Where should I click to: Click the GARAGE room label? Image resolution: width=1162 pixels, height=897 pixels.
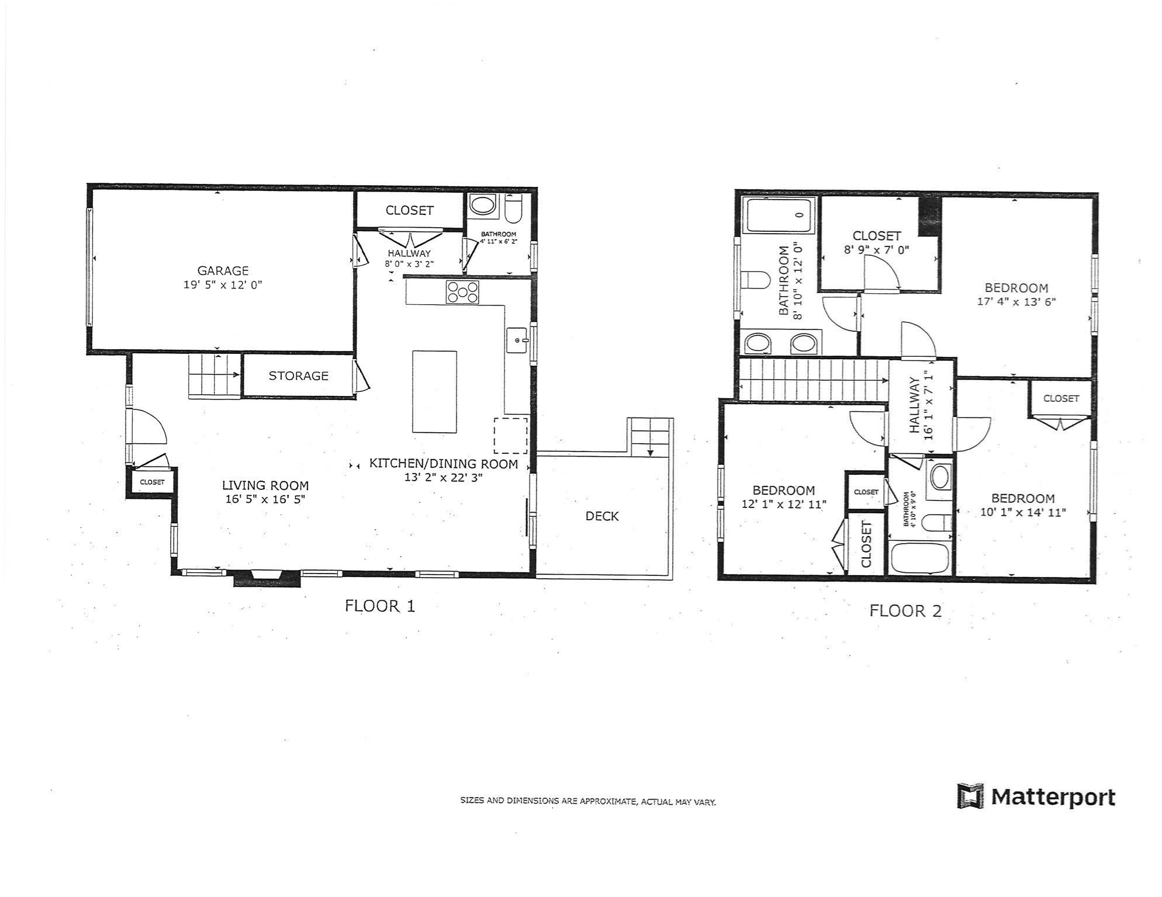point(223,270)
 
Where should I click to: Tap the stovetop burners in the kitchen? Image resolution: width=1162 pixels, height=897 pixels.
point(462,292)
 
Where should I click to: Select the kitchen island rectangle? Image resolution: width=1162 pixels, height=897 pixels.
point(434,391)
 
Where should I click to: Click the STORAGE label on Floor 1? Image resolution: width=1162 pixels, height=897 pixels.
point(298,376)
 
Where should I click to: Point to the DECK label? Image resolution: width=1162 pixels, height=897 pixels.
point(602,516)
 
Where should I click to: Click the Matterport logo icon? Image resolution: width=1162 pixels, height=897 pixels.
point(971,797)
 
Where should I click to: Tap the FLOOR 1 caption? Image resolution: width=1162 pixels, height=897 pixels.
point(380,606)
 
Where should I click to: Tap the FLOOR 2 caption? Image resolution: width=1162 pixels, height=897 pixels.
point(905,611)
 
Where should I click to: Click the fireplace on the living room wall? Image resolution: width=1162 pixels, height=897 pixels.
point(267,579)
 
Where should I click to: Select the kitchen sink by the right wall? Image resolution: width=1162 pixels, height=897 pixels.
point(517,340)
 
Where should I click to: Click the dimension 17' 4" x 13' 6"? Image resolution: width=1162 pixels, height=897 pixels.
point(1016,302)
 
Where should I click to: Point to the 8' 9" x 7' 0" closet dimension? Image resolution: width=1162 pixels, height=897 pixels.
point(876,250)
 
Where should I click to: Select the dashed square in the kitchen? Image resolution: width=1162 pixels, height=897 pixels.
point(511,435)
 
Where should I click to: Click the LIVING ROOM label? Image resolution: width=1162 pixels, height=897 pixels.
point(265,485)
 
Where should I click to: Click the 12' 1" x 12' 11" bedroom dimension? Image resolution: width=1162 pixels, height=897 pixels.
point(783,504)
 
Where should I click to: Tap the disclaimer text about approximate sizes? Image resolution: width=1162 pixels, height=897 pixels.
point(588,801)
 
